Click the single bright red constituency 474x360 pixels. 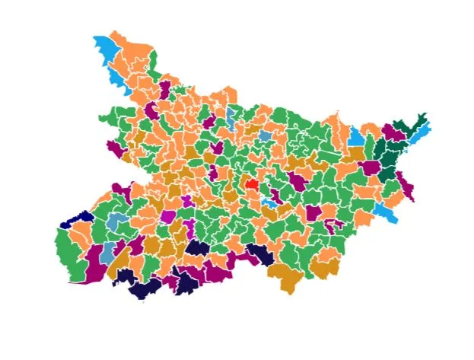[251, 184]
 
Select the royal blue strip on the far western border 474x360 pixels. [77, 220]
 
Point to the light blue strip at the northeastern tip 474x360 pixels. [423, 129]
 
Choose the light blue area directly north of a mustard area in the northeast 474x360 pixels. [355, 137]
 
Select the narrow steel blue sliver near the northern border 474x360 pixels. [231, 116]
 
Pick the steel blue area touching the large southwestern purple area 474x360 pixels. [110, 250]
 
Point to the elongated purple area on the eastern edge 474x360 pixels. [405, 186]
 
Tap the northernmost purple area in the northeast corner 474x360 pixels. [393, 131]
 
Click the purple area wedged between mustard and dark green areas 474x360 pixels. [370, 167]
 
